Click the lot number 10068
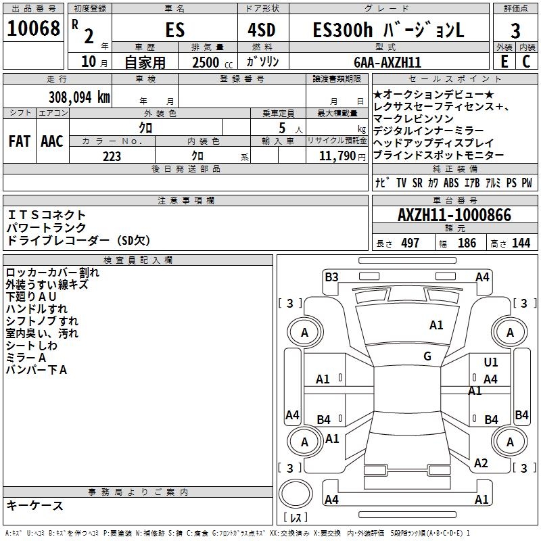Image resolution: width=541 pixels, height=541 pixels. click(x=33, y=28)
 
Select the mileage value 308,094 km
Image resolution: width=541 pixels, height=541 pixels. click(x=79, y=97)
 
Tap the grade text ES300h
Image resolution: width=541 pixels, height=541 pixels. click(x=343, y=30)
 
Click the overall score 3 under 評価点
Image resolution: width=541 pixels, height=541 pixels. click(x=515, y=30)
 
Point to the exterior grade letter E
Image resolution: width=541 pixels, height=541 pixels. click(x=504, y=61)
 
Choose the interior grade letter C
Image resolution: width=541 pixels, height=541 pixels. click(x=526, y=61)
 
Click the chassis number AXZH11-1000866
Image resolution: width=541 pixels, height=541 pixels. click(x=454, y=214)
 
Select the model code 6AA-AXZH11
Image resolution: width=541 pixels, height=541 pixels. click(x=387, y=62)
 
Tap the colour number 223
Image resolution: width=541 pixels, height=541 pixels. click(x=112, y=156)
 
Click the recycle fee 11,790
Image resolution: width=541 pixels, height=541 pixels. click(x=337, y=156)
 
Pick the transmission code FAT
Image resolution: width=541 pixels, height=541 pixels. click(x=20, y=141)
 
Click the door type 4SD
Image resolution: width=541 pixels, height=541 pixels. click(x=262, y=30)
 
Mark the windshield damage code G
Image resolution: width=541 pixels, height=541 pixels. click(x=427, y=356)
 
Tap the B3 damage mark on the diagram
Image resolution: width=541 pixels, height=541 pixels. click(x=331, y=277)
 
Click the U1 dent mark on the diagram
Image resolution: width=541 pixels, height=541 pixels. click(x=491, y=362)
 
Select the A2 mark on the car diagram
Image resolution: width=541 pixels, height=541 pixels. click(x=481, y=463)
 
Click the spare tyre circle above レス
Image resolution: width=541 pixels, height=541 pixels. click(x=296, y=494)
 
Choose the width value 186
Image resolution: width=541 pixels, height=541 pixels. click(x=467, y=243)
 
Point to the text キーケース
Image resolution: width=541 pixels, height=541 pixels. click(x=35, y=505)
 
